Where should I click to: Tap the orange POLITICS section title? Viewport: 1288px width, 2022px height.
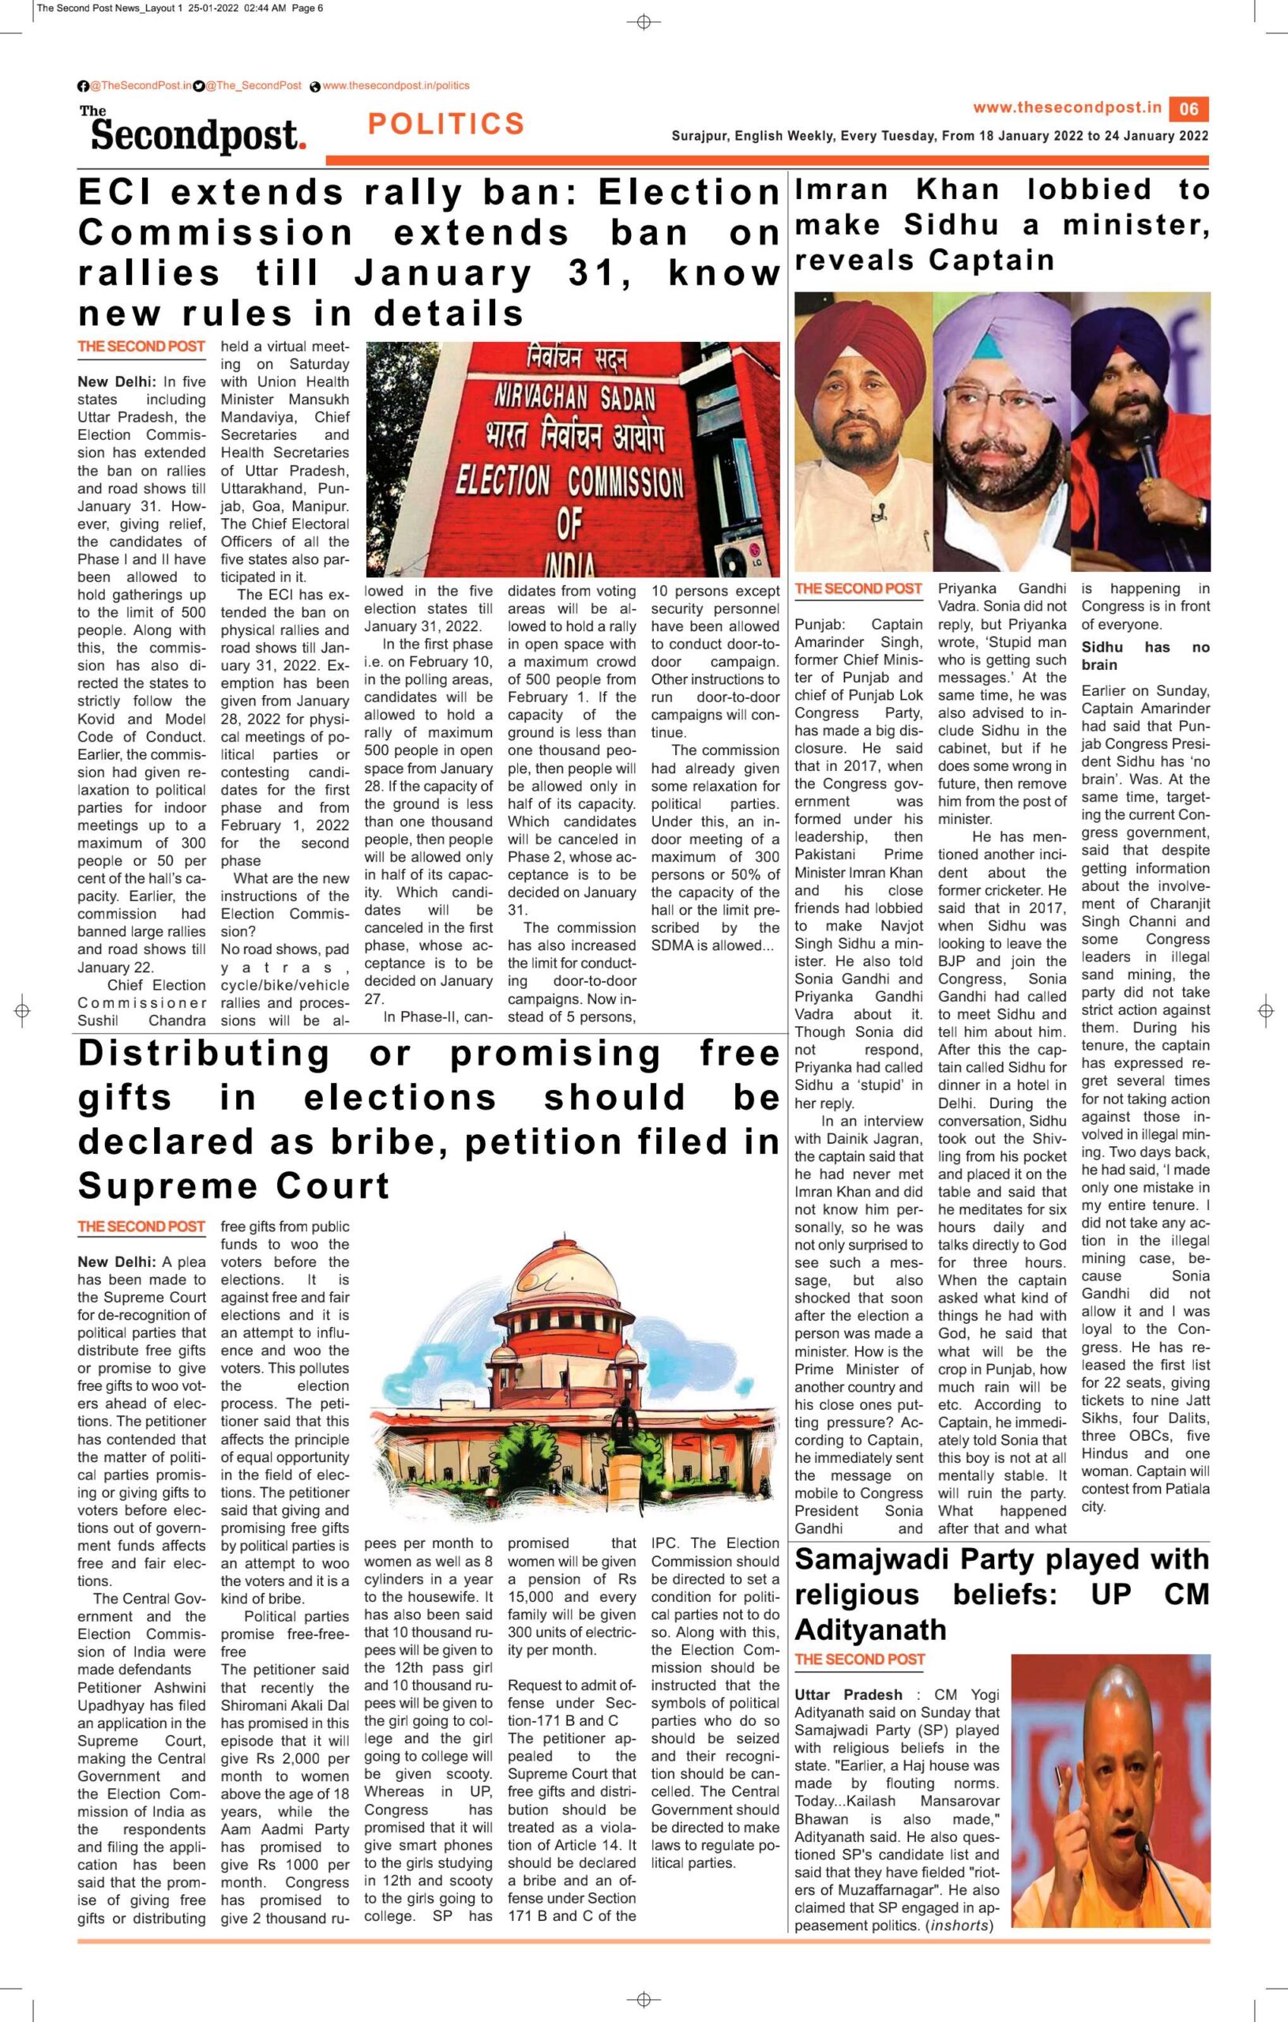point(446,124)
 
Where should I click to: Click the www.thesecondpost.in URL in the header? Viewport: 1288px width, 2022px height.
point(1067,107)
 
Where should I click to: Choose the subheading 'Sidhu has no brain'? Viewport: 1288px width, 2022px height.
point(1145,656)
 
